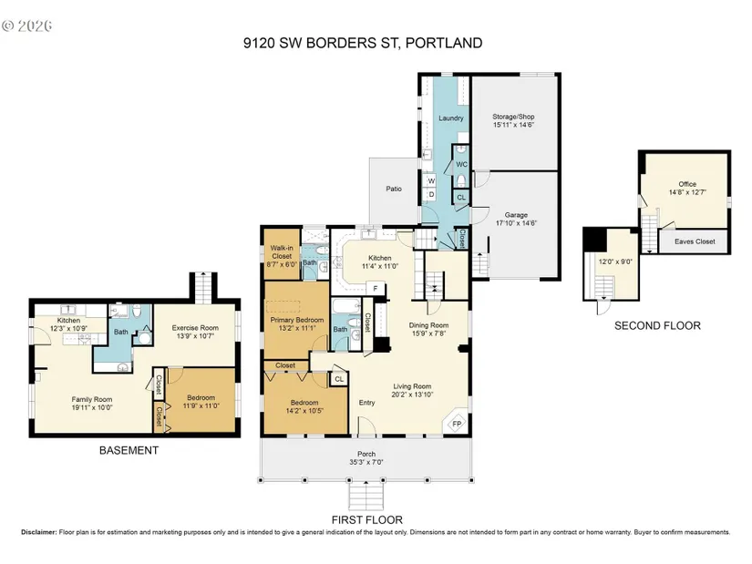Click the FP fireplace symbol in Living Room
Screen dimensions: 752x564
456,424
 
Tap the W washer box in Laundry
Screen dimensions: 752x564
431,180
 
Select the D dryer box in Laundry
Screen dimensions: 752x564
431,194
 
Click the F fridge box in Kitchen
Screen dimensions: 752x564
376,289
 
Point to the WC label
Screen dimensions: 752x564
461,165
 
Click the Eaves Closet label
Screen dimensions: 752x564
695,241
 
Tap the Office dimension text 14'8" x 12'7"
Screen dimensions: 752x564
687,192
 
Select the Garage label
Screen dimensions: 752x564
516,215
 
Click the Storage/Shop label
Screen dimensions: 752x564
513,117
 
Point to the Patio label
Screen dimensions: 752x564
394,189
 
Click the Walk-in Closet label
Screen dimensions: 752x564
282,251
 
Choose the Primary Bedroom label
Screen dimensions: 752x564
297,320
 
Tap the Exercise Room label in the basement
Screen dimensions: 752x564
195,328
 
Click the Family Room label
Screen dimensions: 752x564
91,399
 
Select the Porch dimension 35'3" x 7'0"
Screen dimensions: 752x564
366,462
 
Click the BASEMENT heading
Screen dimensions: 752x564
129,450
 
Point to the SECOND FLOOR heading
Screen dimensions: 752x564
657,325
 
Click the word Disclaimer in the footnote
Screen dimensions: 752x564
39,532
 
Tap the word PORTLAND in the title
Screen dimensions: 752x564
444,43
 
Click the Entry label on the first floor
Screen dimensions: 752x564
367,403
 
